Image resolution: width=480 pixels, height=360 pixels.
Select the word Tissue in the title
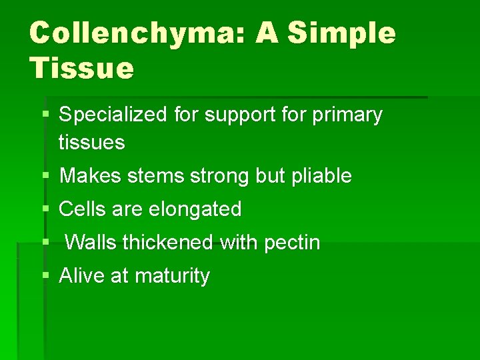click(81, 67)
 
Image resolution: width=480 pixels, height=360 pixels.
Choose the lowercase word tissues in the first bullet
click(92, 142)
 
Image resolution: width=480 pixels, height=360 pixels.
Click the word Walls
click(91, 243)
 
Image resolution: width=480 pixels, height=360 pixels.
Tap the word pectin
click(292, 243)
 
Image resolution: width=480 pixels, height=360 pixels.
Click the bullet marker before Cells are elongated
click(45, 209)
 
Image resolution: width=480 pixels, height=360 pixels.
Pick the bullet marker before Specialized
click(45, 115)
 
